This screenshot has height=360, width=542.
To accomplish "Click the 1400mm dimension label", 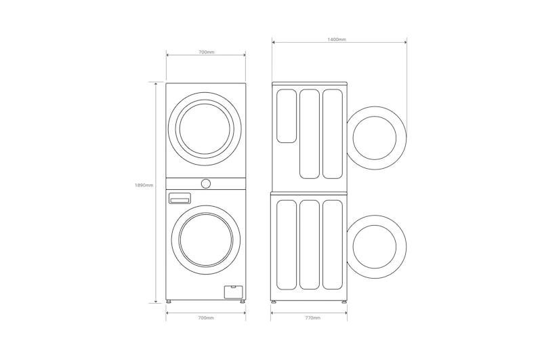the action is [x=337, y=39].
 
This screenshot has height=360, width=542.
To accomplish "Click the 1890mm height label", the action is [x=144, y=185].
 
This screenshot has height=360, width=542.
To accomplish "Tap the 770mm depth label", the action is [x=313, y=318].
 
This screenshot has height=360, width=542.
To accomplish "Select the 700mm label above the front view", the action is [x=207, y=52].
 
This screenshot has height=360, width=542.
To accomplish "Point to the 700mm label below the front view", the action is [x=206, y=318].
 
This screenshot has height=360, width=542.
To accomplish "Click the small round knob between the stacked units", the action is [x=206, y=184].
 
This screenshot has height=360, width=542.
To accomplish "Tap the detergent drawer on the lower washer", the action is [x=180, y=199].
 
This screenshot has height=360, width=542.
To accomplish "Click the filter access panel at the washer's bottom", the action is [x=233, y=292].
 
